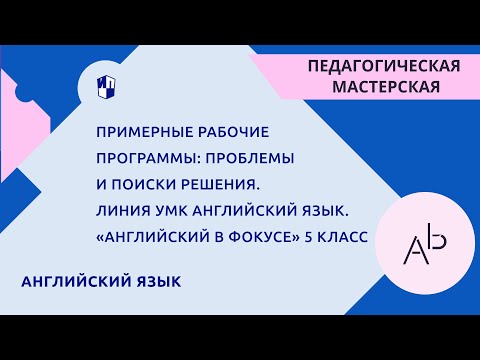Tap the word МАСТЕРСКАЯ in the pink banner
(384, 87)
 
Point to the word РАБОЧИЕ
(227, 132)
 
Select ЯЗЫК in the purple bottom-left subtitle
(155, 283)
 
